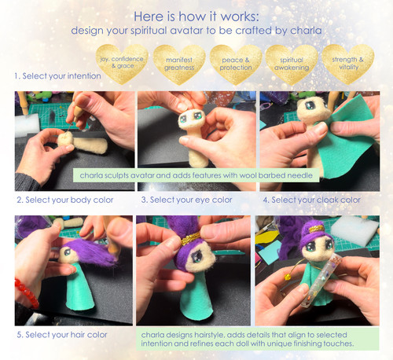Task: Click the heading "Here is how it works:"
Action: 196,16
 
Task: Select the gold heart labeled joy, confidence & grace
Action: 122,62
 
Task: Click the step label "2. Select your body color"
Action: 69,200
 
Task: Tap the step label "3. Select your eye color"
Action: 187,200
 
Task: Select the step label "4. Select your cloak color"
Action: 311,200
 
